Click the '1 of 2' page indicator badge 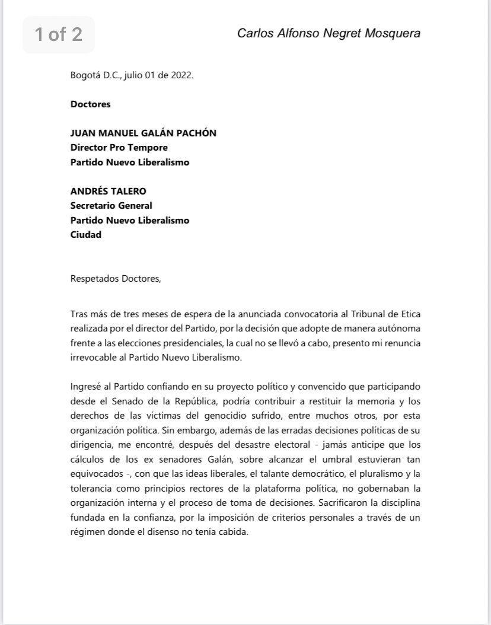coord(58,34)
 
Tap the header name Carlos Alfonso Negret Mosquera coord(329,33)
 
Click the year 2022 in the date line coord(181,75)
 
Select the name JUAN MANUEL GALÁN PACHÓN coord(143,133)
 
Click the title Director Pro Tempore coord(119,147)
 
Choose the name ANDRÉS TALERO coord(109,191)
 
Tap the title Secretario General coord(111,205)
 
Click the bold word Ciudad coord(85,234)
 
